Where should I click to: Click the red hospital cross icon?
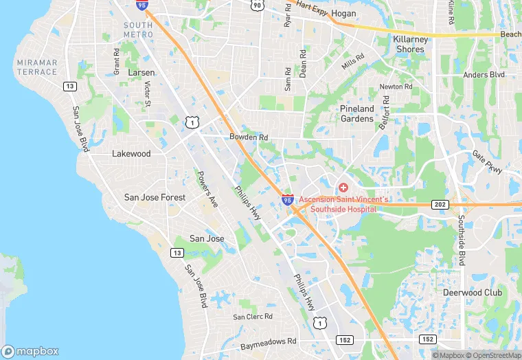[343, 187]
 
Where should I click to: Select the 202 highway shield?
[440, 205]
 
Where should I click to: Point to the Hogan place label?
[343, 14]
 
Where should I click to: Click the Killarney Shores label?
[411, 44]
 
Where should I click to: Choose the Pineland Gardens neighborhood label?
[357, 113]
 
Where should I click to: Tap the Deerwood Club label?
[491, 292]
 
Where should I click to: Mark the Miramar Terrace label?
[36, 67]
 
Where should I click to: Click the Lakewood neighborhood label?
[131, 154]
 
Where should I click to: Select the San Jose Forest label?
[155, 197]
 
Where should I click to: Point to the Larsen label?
[141, 72]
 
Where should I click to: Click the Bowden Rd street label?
[249, 137]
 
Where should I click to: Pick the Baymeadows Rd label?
[269, 341]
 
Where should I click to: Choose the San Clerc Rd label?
[253, 317]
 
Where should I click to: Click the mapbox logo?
[31, 351]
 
